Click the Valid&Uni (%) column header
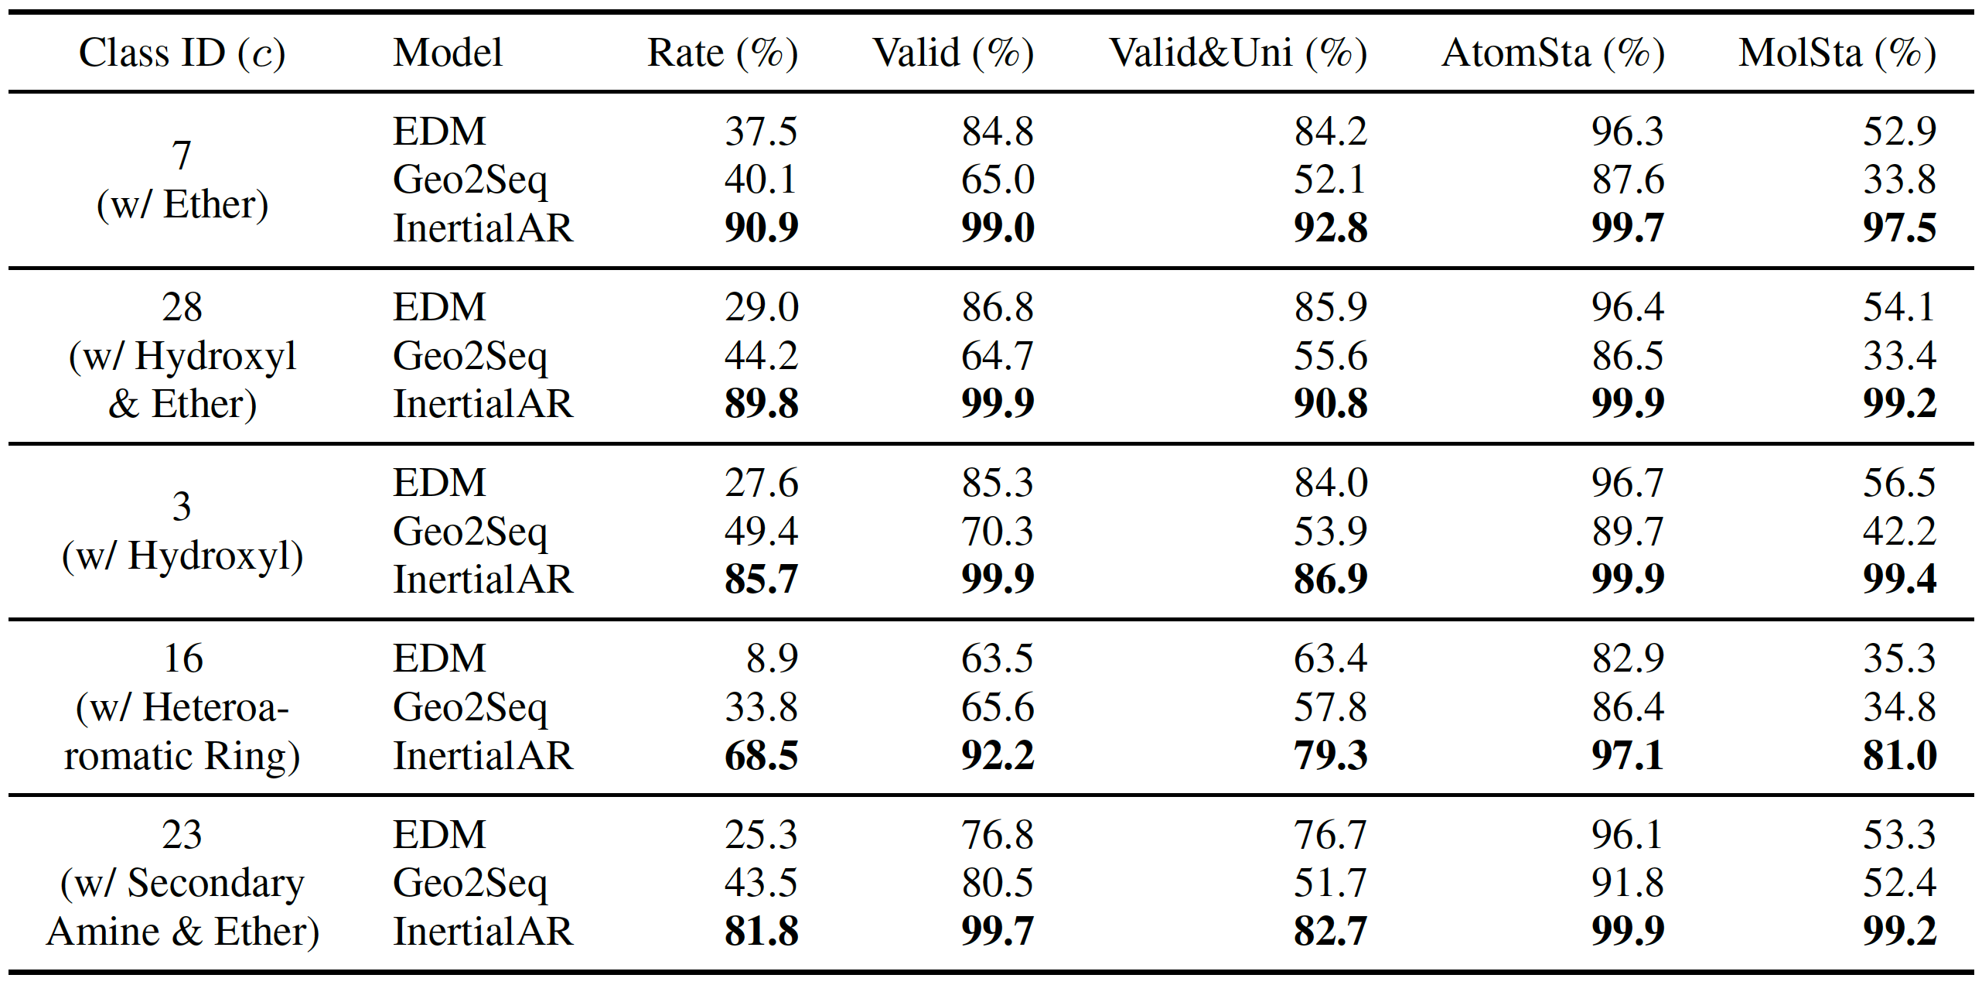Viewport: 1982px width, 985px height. click(x=1238, y=53)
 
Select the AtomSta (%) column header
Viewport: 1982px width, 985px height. click(x=1553, y=53)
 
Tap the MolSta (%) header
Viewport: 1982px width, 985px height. click(x=1837, y=53)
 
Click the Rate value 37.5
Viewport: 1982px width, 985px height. click(x=760, y=132)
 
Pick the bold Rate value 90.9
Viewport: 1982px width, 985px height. click(x=761, y=228)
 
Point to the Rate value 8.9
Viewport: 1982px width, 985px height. click(x=772, y=658)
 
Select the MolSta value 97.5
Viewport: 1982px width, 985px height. click(x=1899, y=228)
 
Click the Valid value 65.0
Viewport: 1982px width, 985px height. click(x=998, y=180)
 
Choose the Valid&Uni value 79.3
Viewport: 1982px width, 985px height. click(x=1330, y=755)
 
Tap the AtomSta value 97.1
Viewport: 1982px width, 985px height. click(x=1627, y=755)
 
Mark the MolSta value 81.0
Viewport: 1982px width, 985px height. click(x=1899, y=755)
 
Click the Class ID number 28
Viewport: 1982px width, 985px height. click(x=182, y=307)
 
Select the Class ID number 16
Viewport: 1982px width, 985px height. click(x=183, y=658)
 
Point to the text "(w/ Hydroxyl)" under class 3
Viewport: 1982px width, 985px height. click(x=183, y=556)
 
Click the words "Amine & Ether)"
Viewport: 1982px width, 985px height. click(x=183, y=931)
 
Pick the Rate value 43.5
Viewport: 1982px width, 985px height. click(x=760, y=883)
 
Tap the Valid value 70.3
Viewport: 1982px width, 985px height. click(x=998, y=532)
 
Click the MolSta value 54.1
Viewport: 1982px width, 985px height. click(x=1899, y=307)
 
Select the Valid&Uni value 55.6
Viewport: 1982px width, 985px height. click(x=1330, y=356)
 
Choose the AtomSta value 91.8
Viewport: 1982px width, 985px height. click(x=1627, y=883)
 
